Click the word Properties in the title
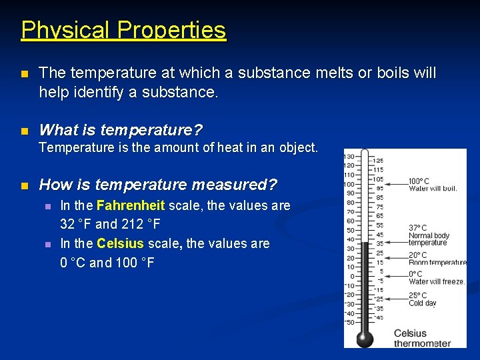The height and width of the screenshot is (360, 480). pyautogui.click(x=171, y=30)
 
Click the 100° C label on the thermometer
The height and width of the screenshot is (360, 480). pyautogui.click(x=419, y=181)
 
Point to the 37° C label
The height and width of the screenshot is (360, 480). pyautogui.click(x=417, y=228)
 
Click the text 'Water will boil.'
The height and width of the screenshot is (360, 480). pyautogui.click(x=433, y=189)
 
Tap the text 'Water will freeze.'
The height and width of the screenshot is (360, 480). pyautogui.click(x=437, y=281)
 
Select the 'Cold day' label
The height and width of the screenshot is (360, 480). pyautogui.click(x=423, y=303)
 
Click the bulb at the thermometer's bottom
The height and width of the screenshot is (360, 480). pyautogui.click(x=365, y=338)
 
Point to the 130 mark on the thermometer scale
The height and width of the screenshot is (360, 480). pyautogui.click(x=349, y=157)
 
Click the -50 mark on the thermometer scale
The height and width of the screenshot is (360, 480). pyautogui.click(x=349, y=323)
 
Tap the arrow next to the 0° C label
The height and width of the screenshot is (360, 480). pyautogui.click(x=393, y=275)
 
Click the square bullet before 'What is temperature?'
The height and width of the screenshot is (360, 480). pyautogui.click(x=25, y=129)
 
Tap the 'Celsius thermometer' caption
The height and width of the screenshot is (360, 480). pyautogui.click(x=422, y=338)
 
